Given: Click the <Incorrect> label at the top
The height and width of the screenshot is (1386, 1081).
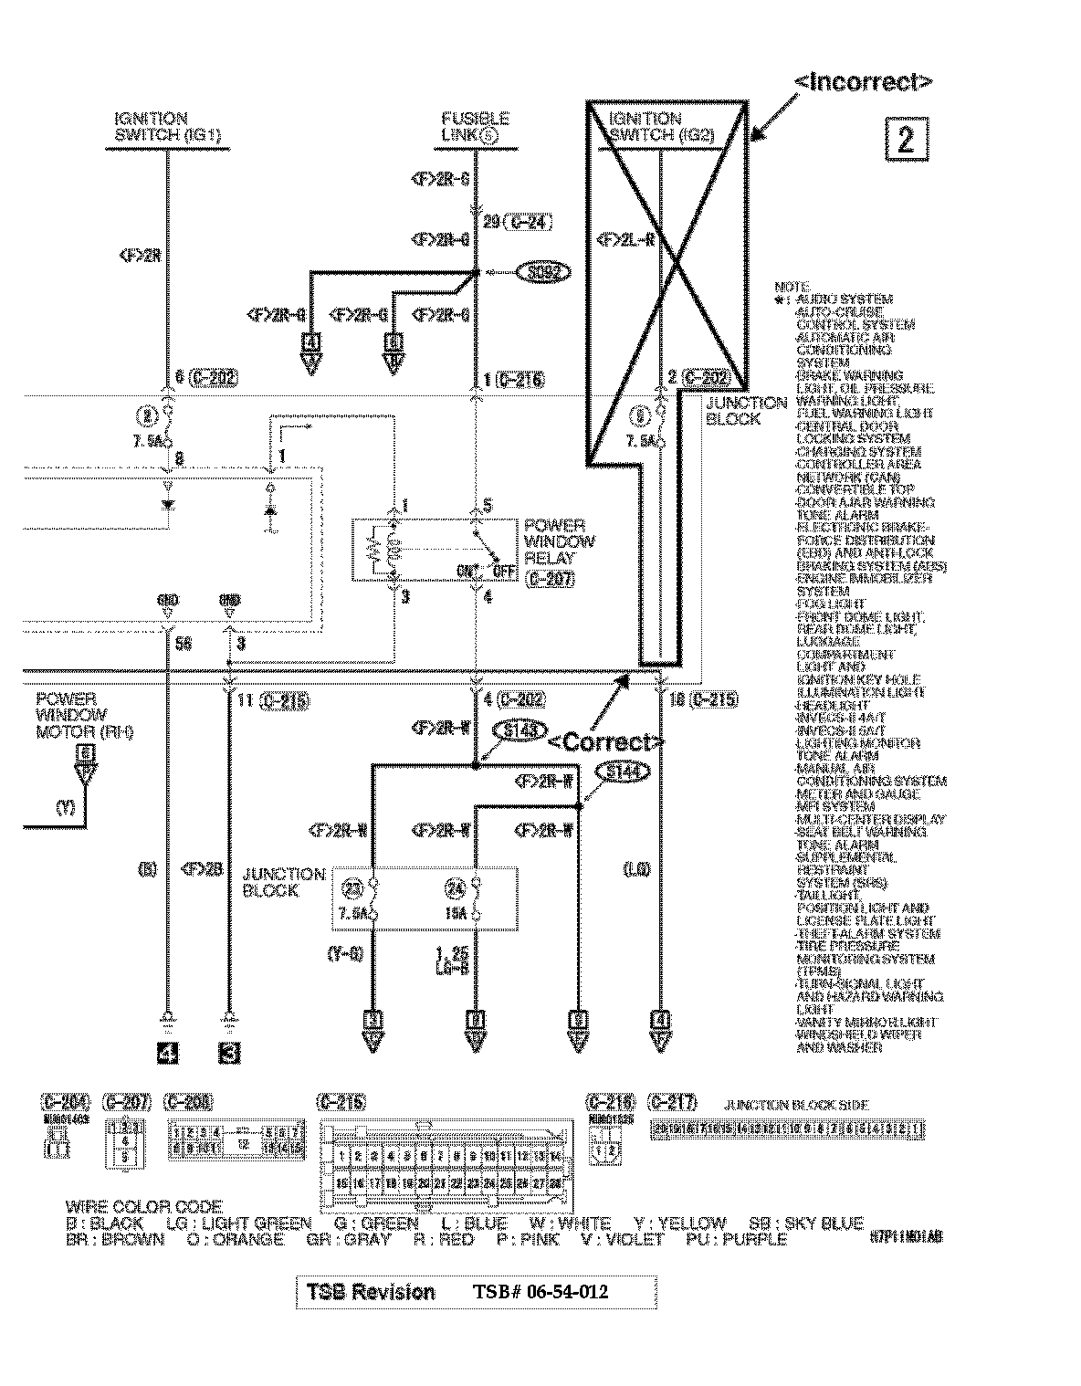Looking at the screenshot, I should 863,82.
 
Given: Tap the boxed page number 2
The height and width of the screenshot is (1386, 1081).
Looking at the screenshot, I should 905,139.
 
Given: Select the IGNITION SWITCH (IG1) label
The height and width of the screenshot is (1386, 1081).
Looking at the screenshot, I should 167,127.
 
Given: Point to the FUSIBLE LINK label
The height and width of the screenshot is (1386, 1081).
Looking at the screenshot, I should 475,127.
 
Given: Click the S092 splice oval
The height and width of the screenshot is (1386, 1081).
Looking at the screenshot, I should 542,272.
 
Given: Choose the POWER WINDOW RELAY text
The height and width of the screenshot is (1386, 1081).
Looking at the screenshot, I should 559,541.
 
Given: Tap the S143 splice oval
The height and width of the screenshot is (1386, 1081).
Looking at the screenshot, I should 519,730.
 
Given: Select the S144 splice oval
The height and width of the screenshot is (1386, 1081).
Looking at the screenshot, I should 624,772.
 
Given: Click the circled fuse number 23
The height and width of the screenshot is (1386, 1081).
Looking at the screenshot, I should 352,887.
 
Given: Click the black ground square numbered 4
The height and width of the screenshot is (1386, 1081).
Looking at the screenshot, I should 167,1053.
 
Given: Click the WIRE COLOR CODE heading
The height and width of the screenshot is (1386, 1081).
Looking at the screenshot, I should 144,1206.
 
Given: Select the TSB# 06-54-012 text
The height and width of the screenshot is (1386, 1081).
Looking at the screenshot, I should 540,1292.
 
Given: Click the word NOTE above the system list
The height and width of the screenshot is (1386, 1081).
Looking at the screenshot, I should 792,287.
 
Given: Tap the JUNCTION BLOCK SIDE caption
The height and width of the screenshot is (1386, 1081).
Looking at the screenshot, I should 796,1105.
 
